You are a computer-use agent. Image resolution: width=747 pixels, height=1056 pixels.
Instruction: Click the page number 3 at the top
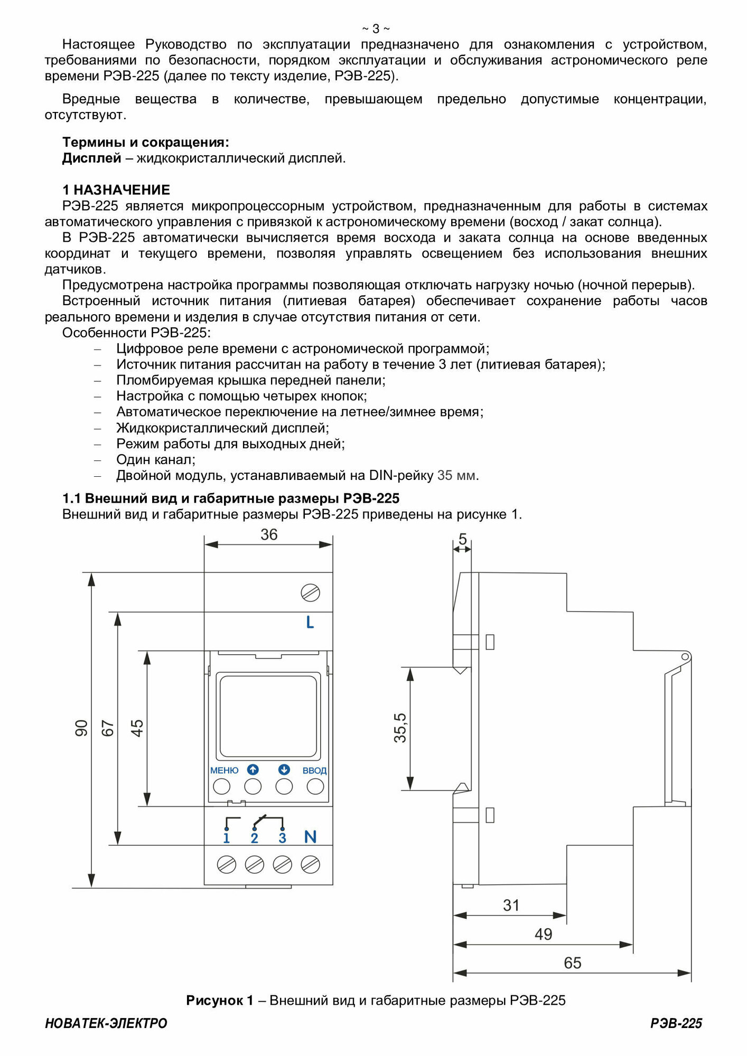coord(376,29)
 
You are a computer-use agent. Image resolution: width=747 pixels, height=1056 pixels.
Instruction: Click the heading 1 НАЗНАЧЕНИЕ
coord(116,190)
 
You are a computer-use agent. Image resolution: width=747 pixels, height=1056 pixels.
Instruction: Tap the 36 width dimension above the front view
coord(269,535)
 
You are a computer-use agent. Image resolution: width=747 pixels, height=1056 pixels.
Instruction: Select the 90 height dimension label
coord(81,728)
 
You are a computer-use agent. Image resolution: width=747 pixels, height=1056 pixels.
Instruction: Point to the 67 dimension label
coord(108,728)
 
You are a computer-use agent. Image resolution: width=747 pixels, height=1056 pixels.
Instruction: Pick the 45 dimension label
coord(137,728)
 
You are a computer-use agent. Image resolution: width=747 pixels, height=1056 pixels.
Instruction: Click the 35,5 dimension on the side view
coord(400,728)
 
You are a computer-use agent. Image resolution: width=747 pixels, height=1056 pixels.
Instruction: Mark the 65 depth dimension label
coord(572,963)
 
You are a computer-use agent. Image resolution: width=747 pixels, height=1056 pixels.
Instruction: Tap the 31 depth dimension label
coord(511,906)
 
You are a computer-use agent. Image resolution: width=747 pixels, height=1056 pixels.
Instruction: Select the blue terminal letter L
coord(310,623)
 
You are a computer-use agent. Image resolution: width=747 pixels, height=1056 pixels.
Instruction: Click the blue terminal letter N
coord(310,837)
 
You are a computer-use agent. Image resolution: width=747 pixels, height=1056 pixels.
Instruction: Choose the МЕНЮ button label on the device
coord(224,771)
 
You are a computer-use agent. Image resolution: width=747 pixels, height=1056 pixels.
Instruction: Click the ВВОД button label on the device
coord(314,771)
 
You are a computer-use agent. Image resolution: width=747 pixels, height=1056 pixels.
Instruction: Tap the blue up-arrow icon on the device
coord(253,770)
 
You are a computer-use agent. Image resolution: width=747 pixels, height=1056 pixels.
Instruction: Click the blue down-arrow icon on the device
coord(284,770)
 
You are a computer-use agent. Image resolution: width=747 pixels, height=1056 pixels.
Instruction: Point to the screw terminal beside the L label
coord(310,593)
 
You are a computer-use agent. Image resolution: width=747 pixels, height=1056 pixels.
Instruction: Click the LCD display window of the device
coord(268,716)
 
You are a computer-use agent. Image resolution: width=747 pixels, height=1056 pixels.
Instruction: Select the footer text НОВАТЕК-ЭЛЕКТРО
coord(106,1023)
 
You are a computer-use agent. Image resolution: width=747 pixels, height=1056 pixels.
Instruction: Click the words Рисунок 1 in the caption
coord(219,1001)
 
